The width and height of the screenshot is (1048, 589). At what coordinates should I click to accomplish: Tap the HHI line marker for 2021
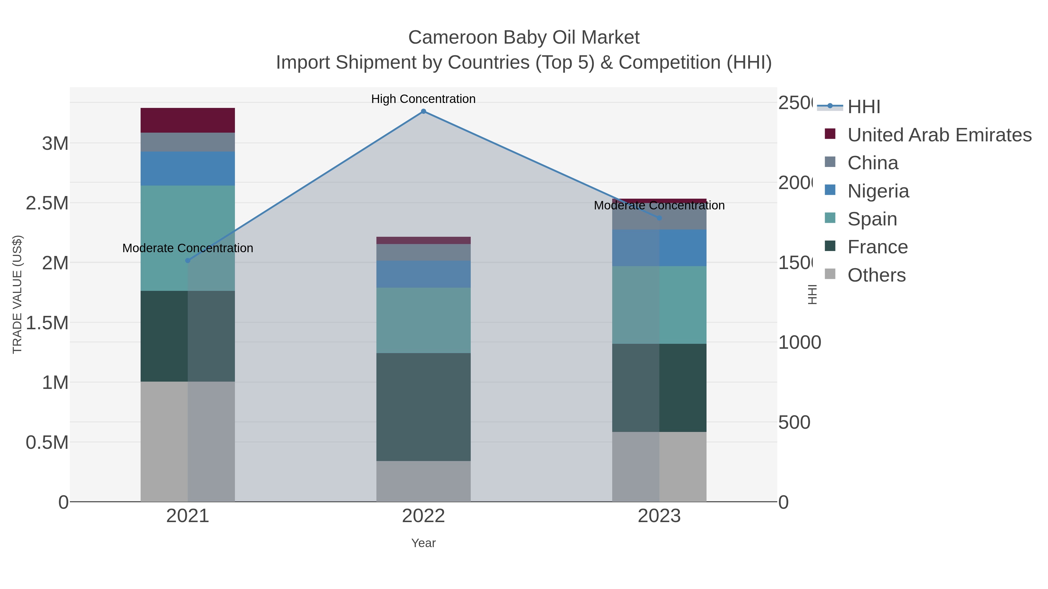point(187,261)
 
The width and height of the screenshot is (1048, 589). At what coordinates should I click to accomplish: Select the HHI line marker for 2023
point(659,218)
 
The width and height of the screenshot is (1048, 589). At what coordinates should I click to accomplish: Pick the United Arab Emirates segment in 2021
point(187,120)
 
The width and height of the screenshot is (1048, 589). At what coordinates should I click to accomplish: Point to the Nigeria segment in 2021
point(187,169)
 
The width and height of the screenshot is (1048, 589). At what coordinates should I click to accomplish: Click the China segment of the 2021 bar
point(187,142)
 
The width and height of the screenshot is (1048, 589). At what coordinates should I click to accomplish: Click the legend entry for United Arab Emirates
point(939,135)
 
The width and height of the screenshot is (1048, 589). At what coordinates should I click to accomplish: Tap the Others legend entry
point(876,275)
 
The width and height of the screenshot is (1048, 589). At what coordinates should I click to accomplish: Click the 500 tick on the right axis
point(794,423)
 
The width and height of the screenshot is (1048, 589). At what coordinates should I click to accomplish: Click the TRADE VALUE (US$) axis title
point(17,294)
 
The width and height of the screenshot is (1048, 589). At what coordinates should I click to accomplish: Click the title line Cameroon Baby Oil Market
point(524,38)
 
